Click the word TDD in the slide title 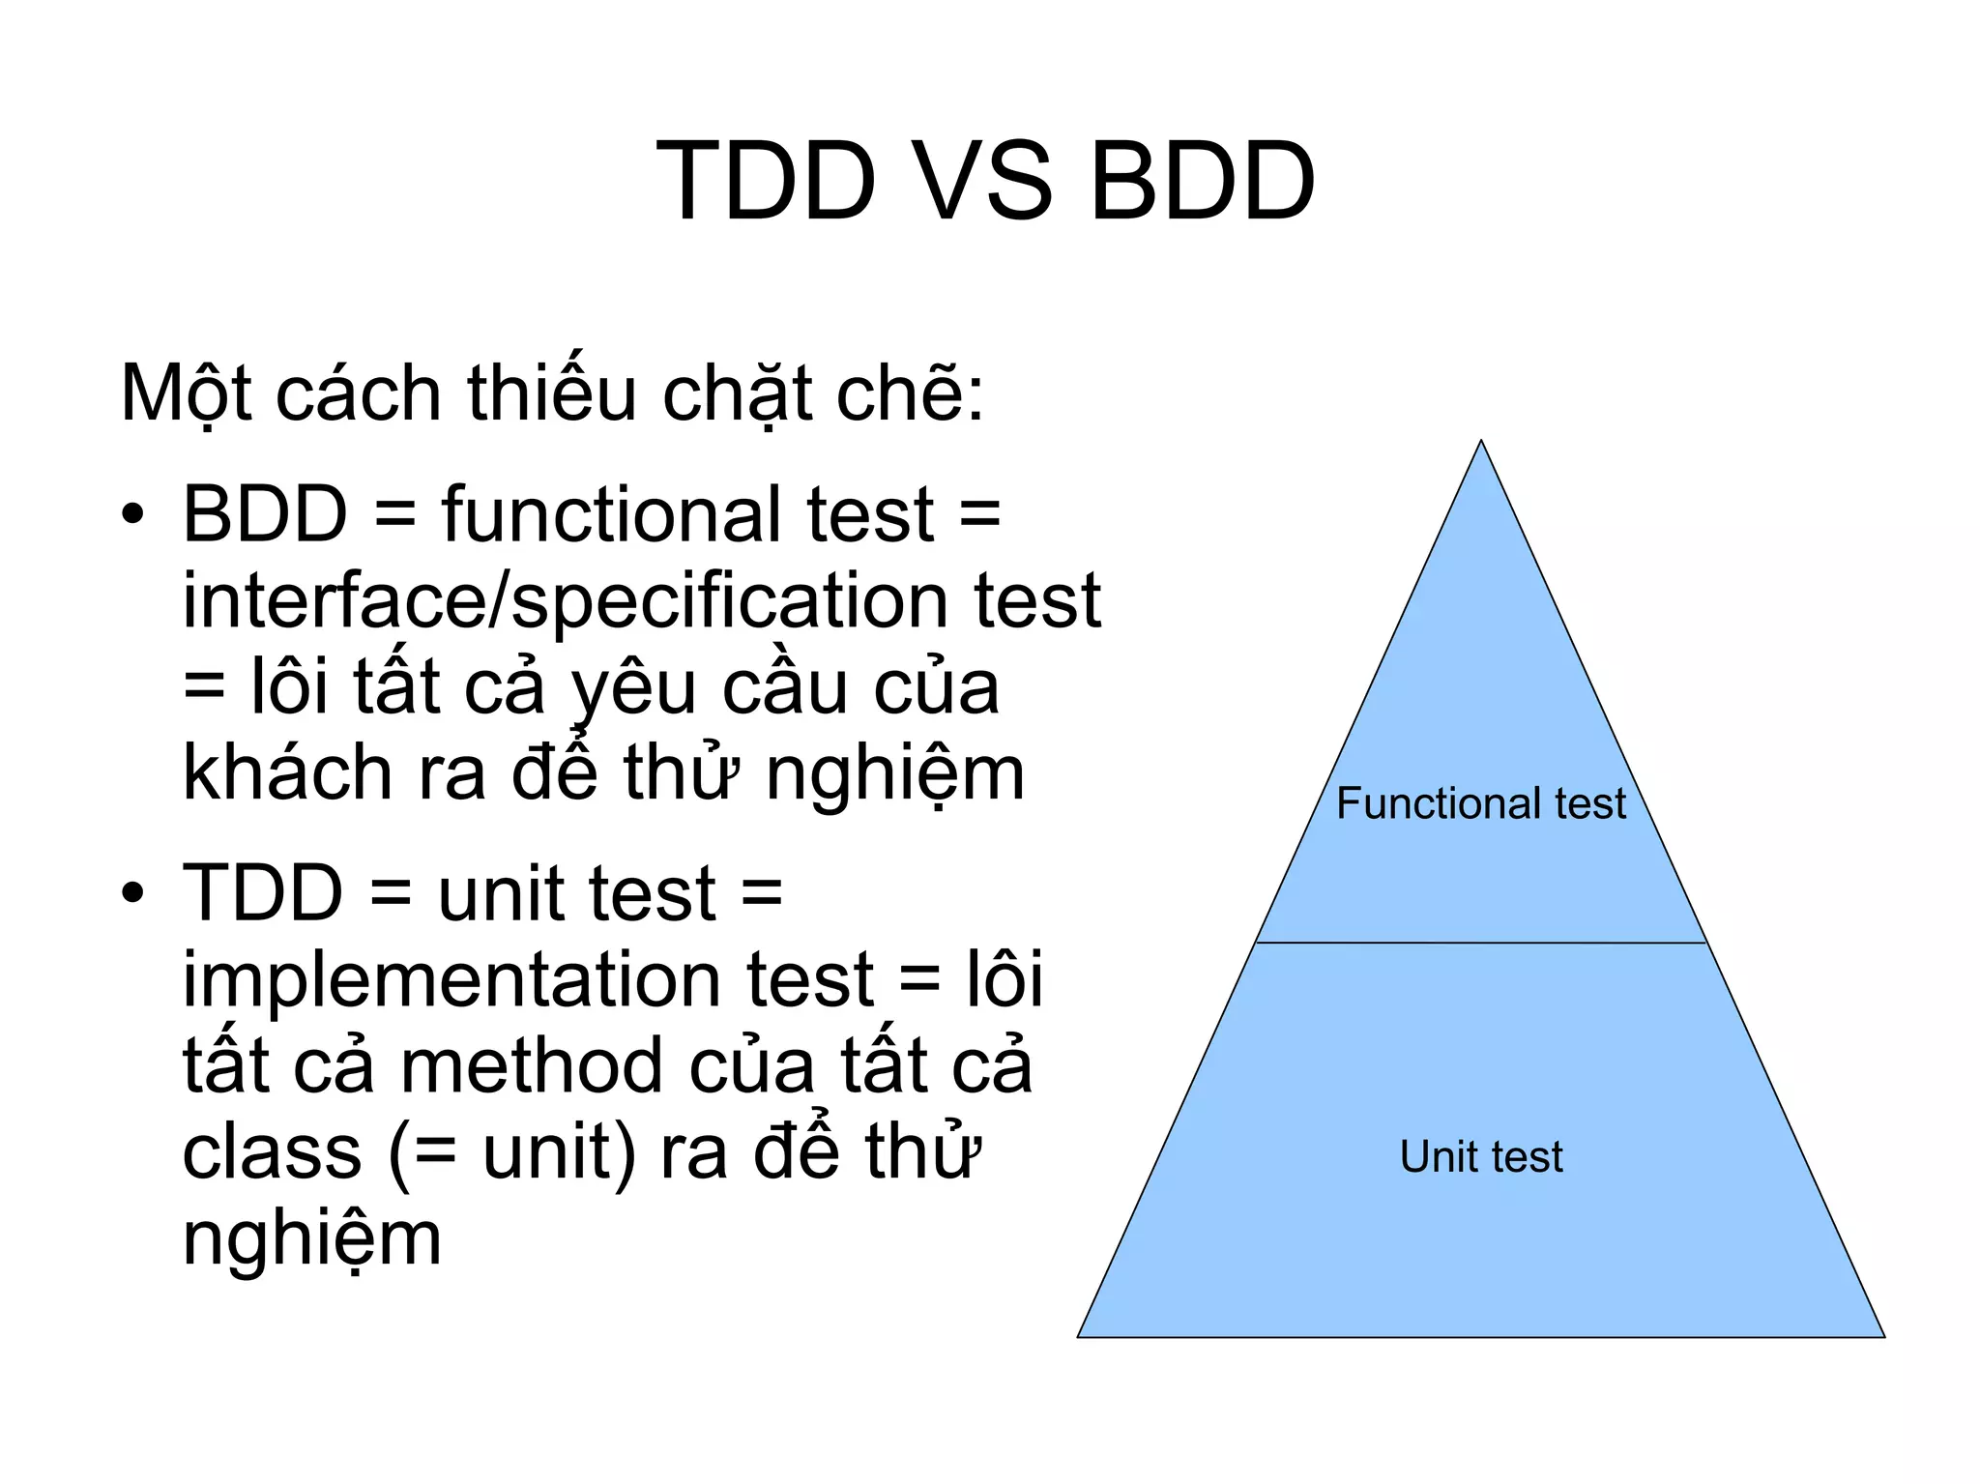(x=766, y=182)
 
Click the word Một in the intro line (x=186, y=394)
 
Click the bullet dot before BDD (x=133, y=514)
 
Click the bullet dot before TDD (x=133, y=893)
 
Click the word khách (x=286, y=773)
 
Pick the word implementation (x=528, y=980)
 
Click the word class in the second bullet (x=272, y=1152)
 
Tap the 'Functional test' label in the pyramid (x=1481, y=804)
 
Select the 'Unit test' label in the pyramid (x=1481, y=1157)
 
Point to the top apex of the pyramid (x=1481, y=443)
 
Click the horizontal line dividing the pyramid (x=1481, y=943)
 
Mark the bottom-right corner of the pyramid (x=1882, y=1336)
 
